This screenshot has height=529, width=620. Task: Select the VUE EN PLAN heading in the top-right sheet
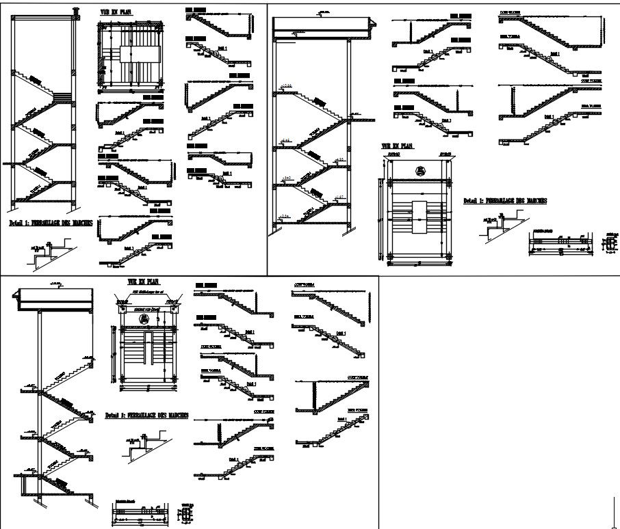(398, 146)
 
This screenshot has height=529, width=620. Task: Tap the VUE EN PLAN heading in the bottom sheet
(144, 282)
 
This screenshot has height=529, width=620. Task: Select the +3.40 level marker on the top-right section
(287, 178)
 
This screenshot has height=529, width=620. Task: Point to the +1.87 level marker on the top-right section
(338, 198)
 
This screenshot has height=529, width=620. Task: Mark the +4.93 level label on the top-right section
(338, 159)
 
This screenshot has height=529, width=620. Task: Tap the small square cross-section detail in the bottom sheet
(187, 513)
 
